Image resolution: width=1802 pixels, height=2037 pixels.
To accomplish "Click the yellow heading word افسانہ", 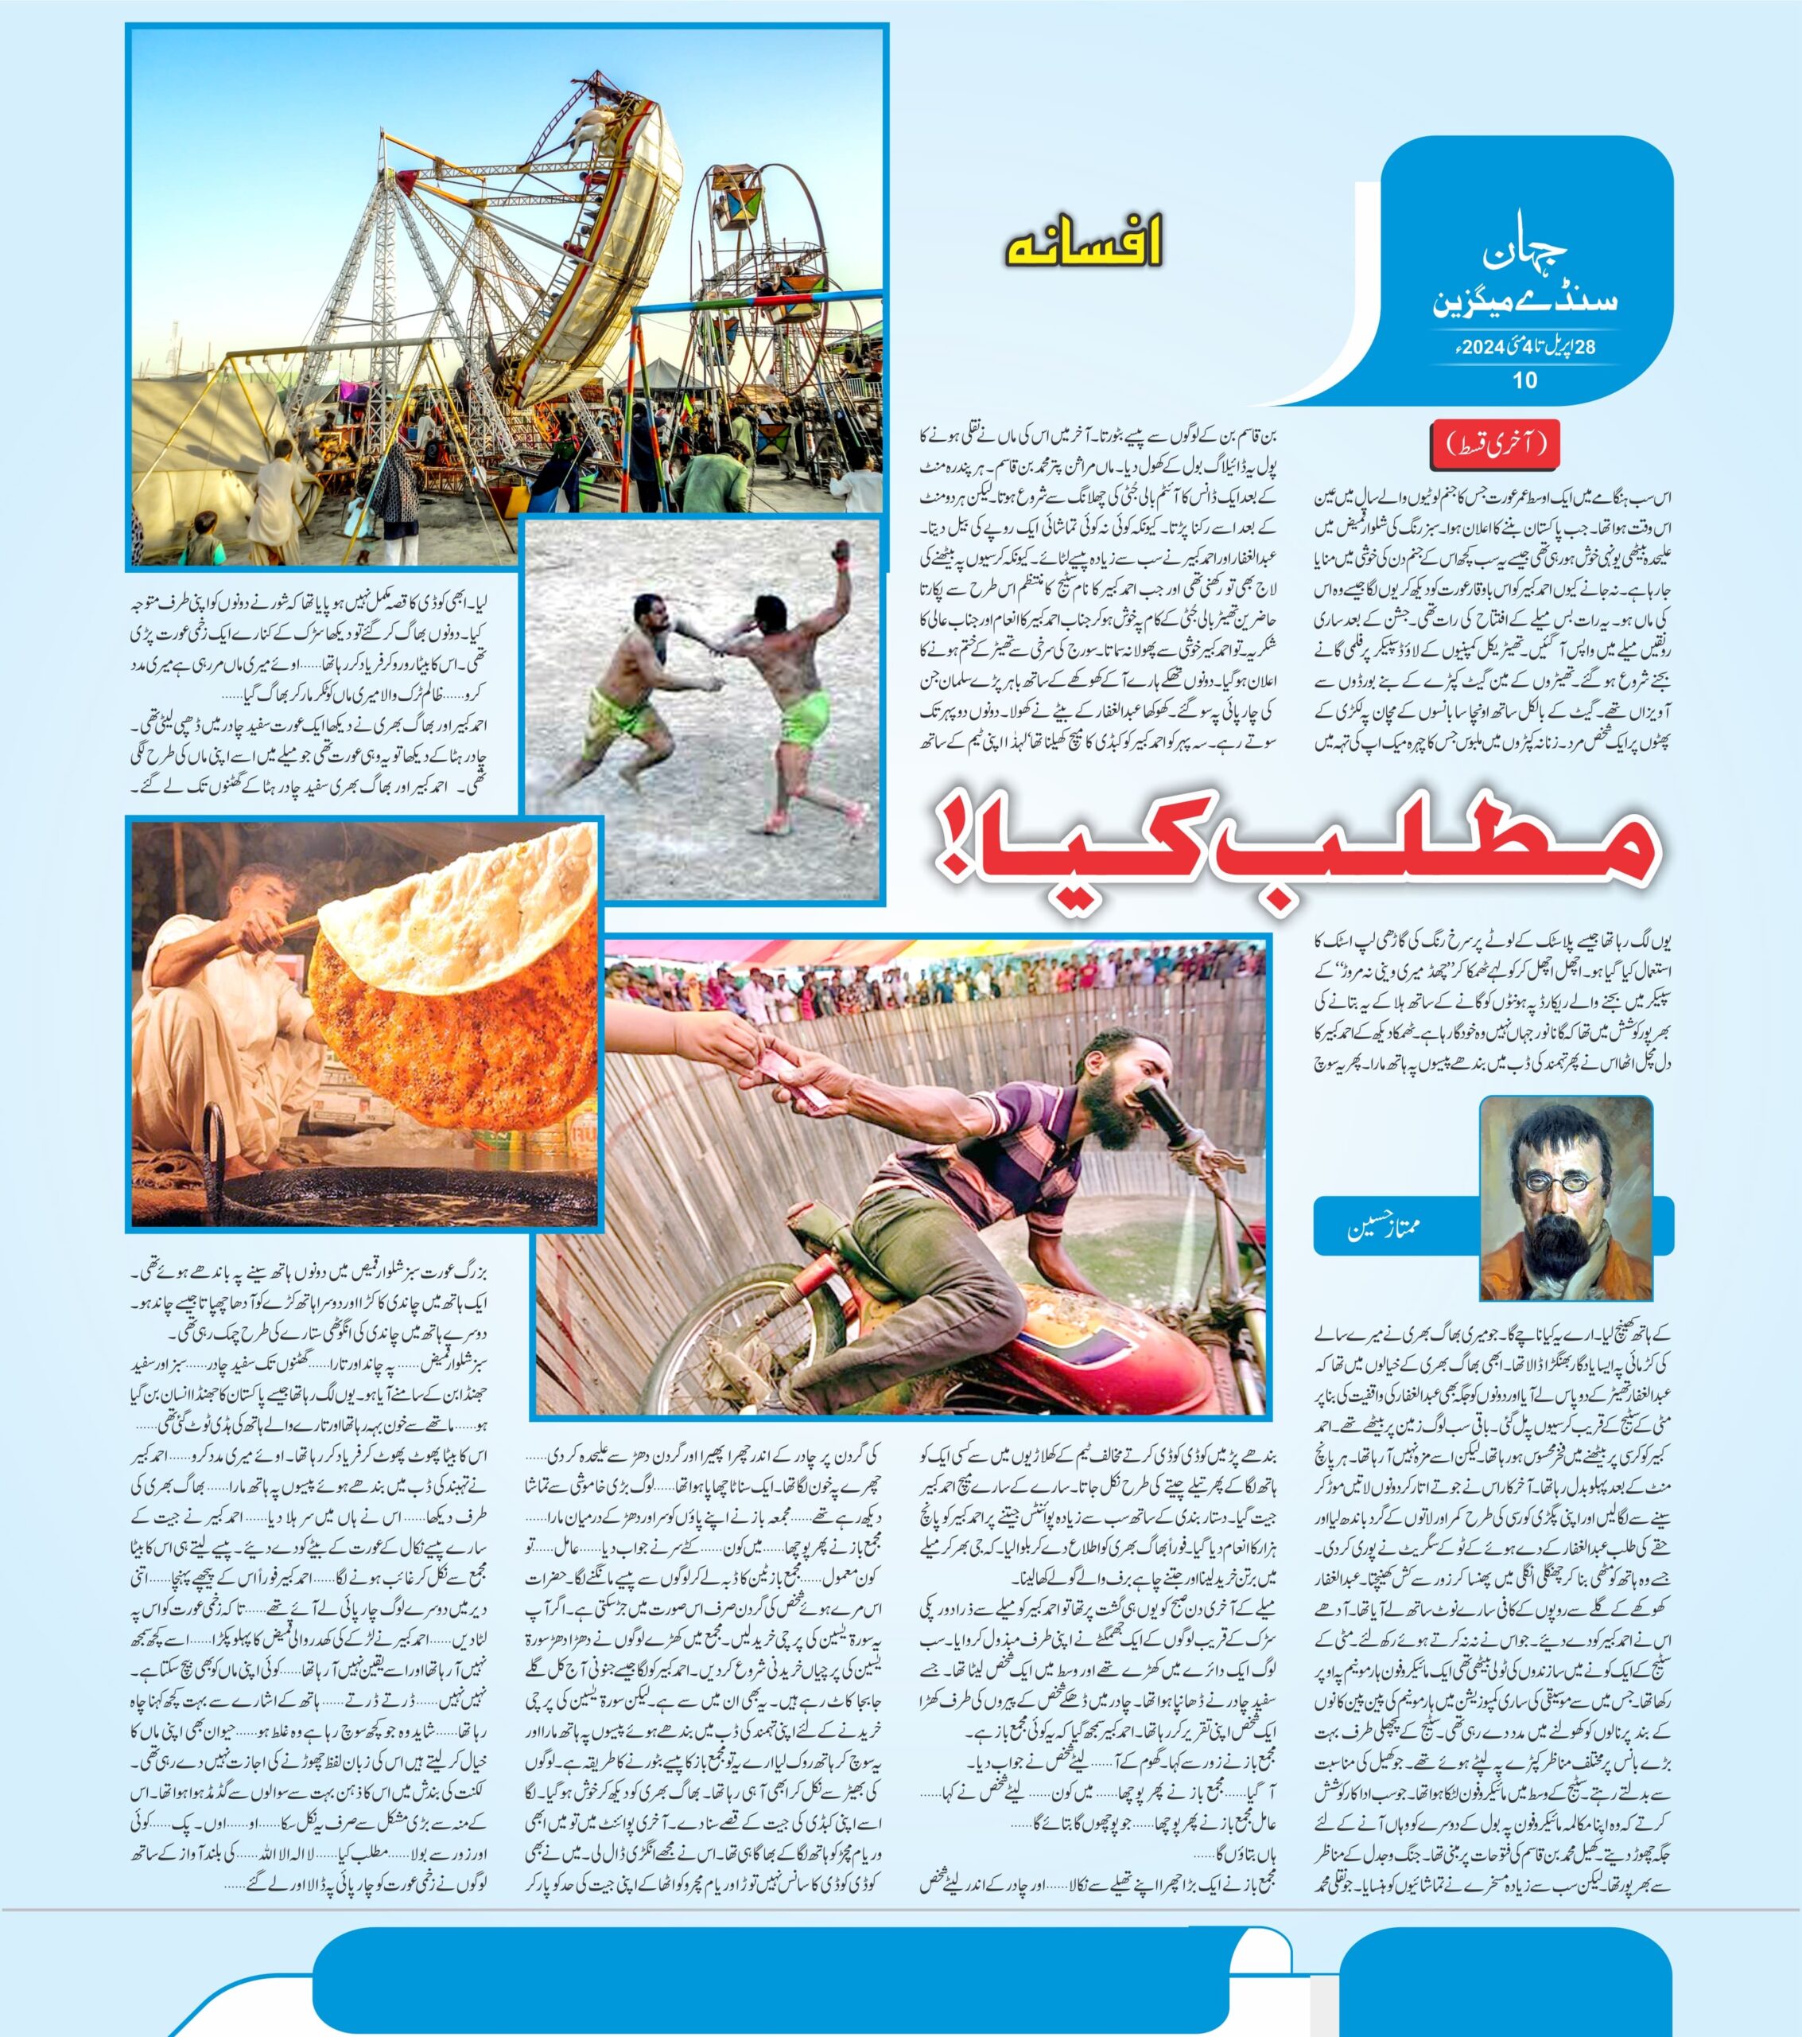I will pos(1083,246).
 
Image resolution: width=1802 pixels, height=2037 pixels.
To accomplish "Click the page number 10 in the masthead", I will pos(1524,380).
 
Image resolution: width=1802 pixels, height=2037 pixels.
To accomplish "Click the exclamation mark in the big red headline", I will pos(969,845).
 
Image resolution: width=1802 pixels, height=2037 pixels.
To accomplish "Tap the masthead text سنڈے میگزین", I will pos(1524,304).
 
